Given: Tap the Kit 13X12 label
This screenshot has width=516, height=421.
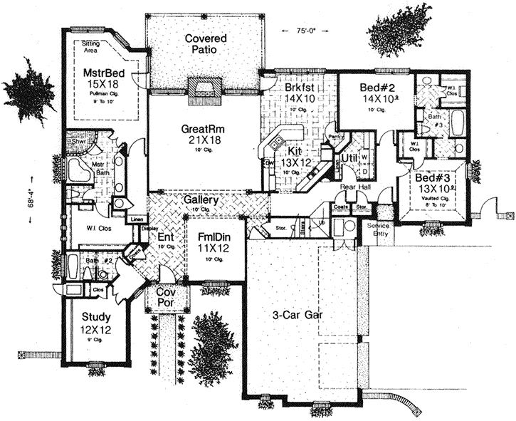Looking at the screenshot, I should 296,152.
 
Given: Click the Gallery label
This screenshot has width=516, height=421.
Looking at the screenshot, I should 200,202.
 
